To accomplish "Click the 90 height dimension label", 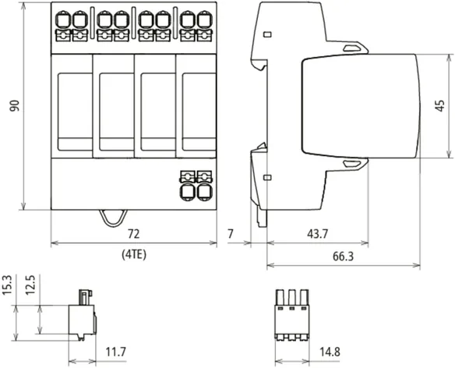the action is click(x=14, y=106).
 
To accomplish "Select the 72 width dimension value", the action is click(x=133, y=234).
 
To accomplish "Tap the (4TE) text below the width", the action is click(x=134, y=255).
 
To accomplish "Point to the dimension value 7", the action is click(x=231, y=234).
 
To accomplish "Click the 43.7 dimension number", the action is click(x=317, y=234).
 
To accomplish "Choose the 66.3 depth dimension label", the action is click(x=343, y=257).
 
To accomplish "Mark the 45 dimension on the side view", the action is click(x=440, y=106).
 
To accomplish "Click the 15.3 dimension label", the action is click(x=7, y=285).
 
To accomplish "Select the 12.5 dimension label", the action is click(x=30, y=285).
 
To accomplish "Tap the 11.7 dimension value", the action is click(x=116, y=352).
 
